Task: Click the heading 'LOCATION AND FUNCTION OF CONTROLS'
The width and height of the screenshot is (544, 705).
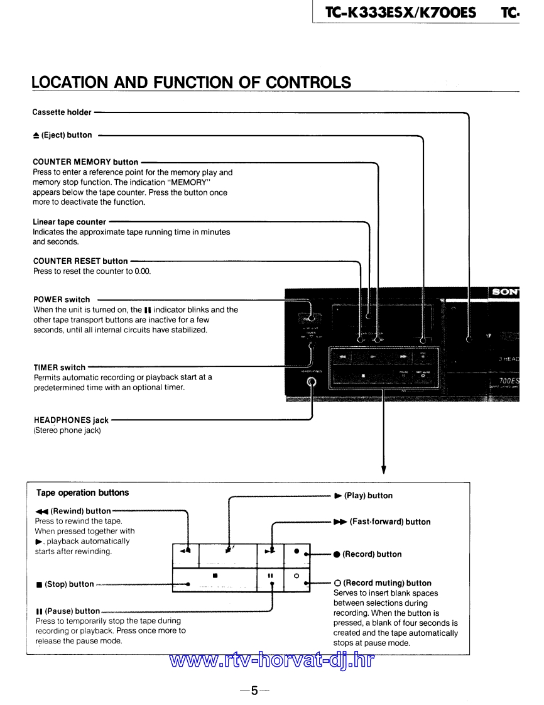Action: click(192, 82)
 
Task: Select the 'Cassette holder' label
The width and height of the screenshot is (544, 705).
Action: click(62, 112)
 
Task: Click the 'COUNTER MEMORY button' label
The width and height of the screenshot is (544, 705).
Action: click(85, 162)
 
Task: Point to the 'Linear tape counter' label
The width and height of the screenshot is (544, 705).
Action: click(69, 222)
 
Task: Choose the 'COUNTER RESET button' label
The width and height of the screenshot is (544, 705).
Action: click(80, 261)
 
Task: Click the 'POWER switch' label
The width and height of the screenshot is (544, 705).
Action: click(62, 300)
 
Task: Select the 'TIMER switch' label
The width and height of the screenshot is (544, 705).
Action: click(59, 368)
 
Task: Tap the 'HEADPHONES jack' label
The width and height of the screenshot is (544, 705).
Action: click(70, 420)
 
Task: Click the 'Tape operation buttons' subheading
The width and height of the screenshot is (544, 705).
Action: click(82, 493)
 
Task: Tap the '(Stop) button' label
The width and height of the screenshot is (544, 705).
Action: click(65, 584)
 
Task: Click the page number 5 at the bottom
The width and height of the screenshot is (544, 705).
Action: click(254, 691)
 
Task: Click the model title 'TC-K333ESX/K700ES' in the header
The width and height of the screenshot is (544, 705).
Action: click(400, 13)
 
